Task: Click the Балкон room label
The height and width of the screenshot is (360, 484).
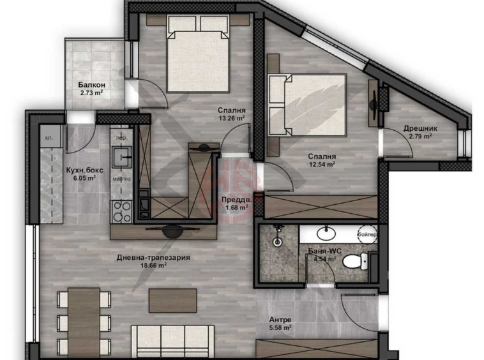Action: (x=92, y=85)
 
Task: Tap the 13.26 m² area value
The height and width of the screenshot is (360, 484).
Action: (x=232, y=118)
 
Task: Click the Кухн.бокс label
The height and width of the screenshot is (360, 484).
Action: (x=81, y=170)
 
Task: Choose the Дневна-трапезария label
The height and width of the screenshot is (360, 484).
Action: (x=154, y=258)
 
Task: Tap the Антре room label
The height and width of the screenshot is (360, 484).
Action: (x=280, y=319)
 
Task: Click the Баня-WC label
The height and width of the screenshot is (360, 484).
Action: (x=322, y=251)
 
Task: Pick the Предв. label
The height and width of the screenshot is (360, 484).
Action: (x=234, y=199)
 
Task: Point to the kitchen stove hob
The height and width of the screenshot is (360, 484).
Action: (x=119, y=207)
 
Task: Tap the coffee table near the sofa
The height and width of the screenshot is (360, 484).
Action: (x=173, y=300)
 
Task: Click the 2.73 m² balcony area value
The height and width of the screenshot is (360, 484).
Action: (x=92, y=93)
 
